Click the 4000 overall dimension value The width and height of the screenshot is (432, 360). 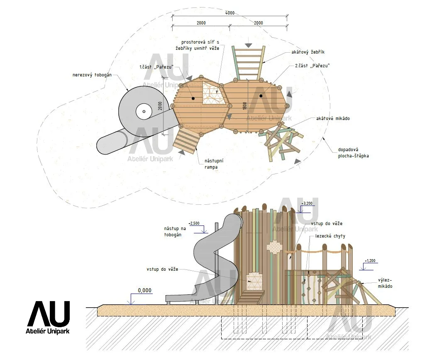pyautogui.click(x=229, y=13)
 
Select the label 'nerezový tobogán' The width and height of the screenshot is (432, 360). pyautogui.click(x=90, y=75)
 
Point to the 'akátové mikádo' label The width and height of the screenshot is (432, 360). pyautogui.click(x=333, y=118)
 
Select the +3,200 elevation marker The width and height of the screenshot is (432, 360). pyautogui.click(x=308, y=203)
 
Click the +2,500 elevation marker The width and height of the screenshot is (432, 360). pyautogui.click(x=194, y=223)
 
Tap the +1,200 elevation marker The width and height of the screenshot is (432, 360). pyautogui.click(x=371, y=261)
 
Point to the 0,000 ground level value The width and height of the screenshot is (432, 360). pyautogui.click(x=144, y=290)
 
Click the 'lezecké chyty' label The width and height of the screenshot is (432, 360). pyautogui.click(x=331, y=236)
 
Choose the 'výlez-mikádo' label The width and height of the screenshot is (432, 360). pyautogui.click(x=385, y=283)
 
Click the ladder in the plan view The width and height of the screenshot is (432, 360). pyautogui.click(x=248, y=63)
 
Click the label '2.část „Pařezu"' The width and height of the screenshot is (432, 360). pyautogui.click(x=312, y=66)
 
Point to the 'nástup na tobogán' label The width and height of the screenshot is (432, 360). pyautogui.click(x=175, y=231)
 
